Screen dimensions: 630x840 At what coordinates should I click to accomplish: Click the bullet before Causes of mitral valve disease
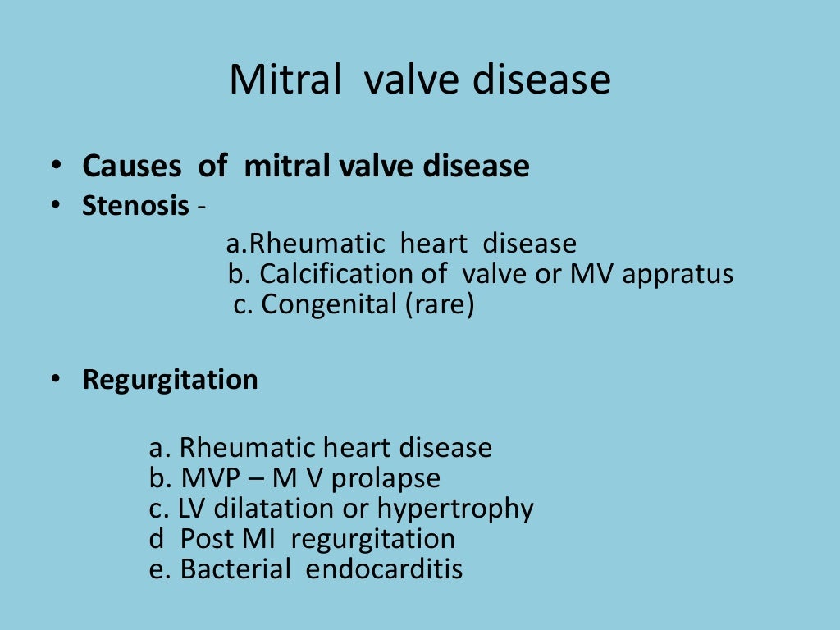[x=54, y=167]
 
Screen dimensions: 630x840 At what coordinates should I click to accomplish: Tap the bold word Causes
[x=132, y=167]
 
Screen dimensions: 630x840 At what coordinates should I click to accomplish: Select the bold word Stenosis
[x=135, y=205]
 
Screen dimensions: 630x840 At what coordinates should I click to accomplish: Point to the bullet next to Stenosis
[x=54, y=205]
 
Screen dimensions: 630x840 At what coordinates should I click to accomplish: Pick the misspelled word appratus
[x=677, y=275]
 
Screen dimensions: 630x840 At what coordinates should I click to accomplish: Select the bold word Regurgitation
[x=170, y=380]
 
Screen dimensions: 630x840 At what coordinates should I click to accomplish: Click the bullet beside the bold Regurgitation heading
[x=54, y=380]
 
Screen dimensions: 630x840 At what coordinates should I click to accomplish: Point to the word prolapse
[x=392, y=478]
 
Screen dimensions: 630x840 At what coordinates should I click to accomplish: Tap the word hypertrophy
[x=455, y=509]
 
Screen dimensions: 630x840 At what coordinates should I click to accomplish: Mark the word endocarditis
[x=384, y=569]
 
